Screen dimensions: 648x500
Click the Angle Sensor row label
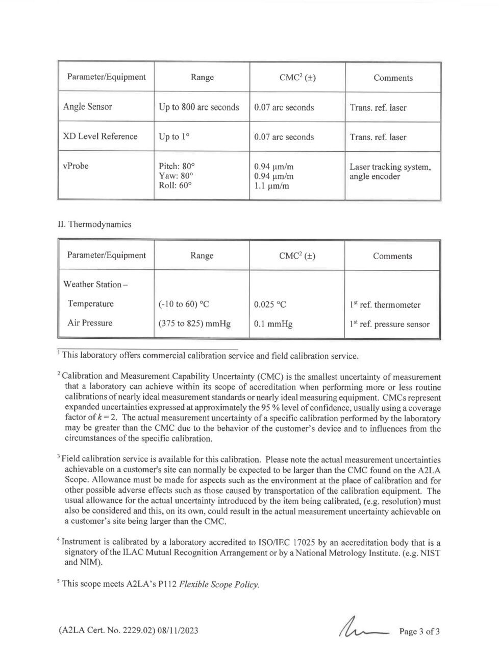click(87, 107)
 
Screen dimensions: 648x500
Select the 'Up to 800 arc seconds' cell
click(199, 107)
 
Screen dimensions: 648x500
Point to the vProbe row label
click(76, 166)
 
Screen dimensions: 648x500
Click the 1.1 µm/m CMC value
click(271, 186)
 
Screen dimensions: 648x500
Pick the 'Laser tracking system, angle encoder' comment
click(390, 172)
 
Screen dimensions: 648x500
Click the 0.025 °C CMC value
click(270, 305)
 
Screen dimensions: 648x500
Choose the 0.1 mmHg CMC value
click(273, 324)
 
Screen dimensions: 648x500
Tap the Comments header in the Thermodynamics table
click(392, 256)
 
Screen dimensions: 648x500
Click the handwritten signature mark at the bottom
click(367, 629)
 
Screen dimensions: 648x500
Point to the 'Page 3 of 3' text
click(419, 631)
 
